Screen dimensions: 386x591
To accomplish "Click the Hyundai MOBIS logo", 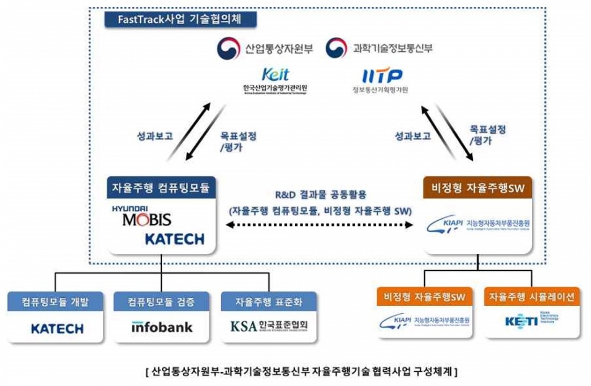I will click(x=142, y=216).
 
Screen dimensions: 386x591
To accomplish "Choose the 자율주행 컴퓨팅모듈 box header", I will click(x=161, y=188).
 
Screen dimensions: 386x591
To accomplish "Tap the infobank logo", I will click(x=162, y=327).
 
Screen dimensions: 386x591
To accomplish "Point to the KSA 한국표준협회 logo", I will click(x=268, y=326).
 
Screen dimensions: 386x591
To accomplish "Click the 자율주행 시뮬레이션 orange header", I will click(x=531, y=297).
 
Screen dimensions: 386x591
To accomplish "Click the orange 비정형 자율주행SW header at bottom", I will click(x=425, y=297).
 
